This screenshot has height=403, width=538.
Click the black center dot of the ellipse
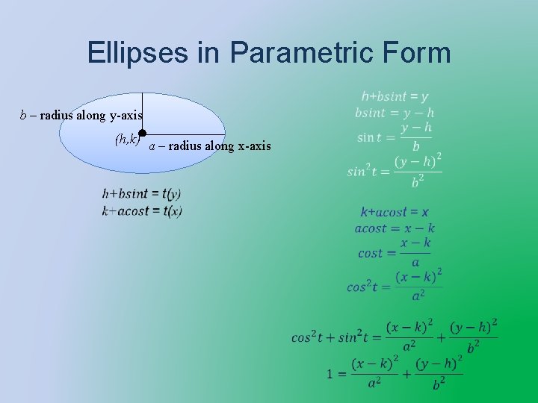(142, 133)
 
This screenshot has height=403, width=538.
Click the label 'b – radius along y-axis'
(81, 115)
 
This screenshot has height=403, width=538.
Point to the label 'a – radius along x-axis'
(210, 146)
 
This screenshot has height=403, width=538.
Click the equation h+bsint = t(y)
(142, 194)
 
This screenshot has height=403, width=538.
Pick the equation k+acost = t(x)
(142, 211)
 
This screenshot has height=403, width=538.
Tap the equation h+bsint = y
(395, 96)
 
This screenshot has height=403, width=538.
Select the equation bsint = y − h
(395, 113)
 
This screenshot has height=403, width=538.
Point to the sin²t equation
(395, 171)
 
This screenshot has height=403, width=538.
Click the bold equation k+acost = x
(395, 213)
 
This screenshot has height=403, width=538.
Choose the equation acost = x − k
(395, 228)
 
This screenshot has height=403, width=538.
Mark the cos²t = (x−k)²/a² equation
(395, 286)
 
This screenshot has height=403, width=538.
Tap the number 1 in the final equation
(330, 373)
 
